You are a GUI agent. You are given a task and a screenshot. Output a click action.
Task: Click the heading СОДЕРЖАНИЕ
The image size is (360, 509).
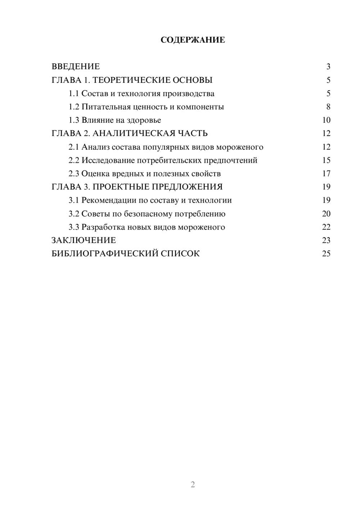[x=193, y=40]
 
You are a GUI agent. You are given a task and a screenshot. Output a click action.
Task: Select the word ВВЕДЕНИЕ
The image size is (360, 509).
[x=76, y=67]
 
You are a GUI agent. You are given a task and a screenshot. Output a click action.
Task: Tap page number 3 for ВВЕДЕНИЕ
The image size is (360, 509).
[x=328, y=67]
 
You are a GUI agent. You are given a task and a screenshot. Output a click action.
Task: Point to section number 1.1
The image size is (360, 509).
[x=74, y=94]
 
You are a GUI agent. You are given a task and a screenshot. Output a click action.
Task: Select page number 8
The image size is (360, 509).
[x=328, y=107]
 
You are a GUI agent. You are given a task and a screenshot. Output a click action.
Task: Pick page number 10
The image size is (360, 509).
[x=326, y=120]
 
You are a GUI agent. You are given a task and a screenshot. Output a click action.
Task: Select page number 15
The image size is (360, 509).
[x=326, y=160]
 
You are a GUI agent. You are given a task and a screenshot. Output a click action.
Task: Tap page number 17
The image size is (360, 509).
[x=326, y=174]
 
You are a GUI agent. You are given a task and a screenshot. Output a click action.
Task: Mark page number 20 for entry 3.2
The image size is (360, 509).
[x=326, y=214]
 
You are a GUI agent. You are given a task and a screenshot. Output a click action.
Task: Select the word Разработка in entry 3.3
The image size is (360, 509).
[x=103, y=227]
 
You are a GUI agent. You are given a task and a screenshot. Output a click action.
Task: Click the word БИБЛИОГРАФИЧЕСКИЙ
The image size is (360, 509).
[x=105, y=254]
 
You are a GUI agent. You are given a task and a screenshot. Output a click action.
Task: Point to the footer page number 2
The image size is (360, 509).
[x=193, y=485]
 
